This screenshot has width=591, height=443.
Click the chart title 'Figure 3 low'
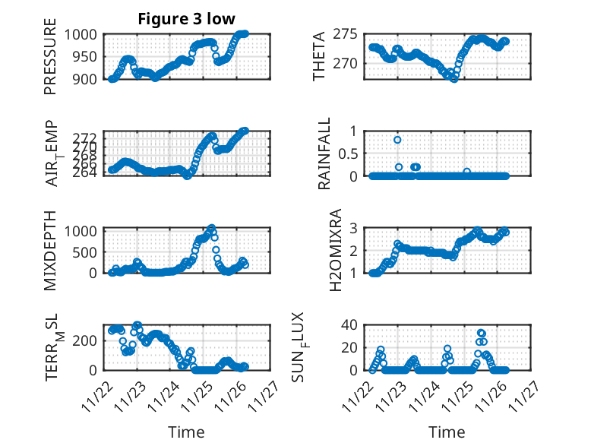[x=187, y=19]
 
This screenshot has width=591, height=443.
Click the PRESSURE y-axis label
[x=50, y=62]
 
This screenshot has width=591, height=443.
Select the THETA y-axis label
[x=319, y=56]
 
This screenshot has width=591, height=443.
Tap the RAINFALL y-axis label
[x=324, y=153]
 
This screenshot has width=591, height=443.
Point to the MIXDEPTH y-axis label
[x=50, y=249]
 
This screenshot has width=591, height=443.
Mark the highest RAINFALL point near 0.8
[x=397, y=140]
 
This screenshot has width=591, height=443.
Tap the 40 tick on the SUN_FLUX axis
[x=349, y=325]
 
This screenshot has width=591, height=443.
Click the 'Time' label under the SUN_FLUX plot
[x=447, y=432]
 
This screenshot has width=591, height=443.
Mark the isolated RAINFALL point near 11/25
[x=467, y=172]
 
